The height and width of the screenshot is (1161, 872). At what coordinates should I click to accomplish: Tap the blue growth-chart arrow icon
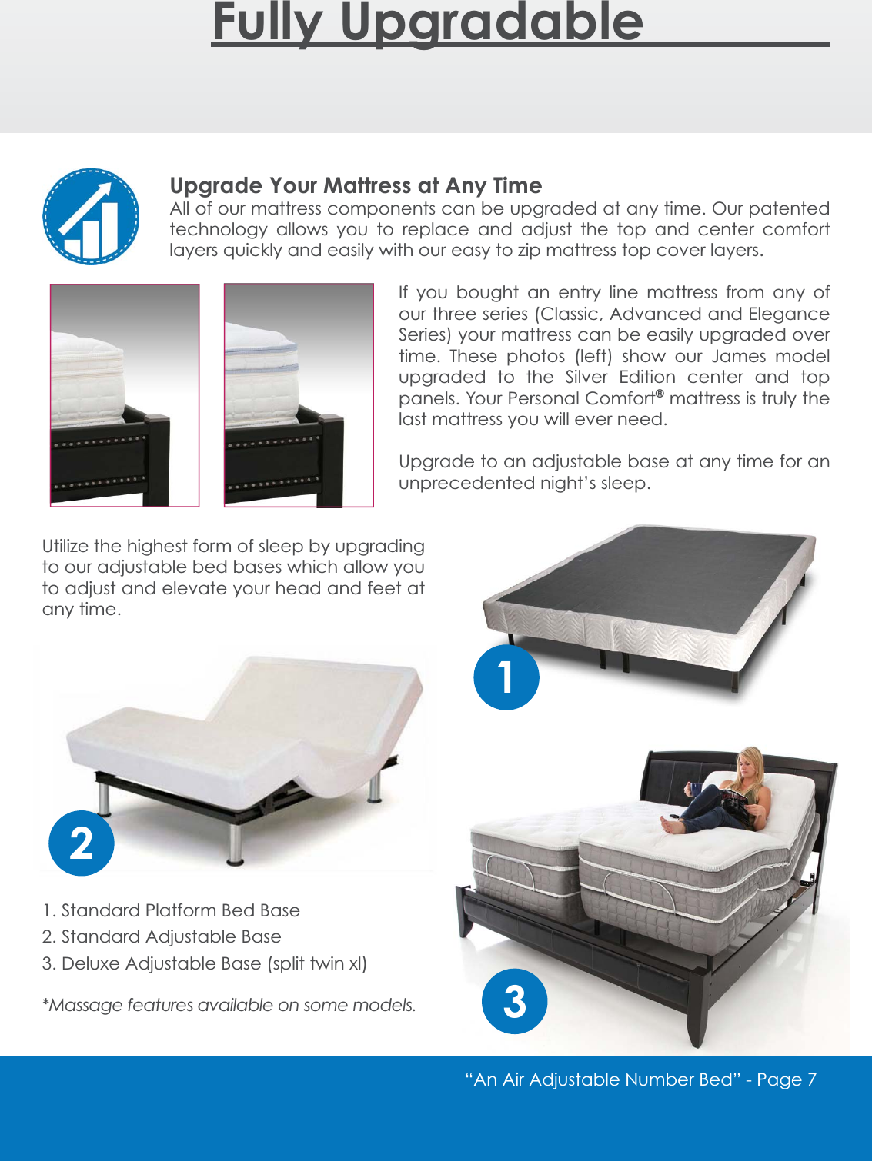(x=91, y=217)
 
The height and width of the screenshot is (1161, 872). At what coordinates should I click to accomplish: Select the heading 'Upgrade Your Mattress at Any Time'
(x=356, y=185)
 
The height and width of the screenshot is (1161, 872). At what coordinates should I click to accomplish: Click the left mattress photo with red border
(x=125, y=395)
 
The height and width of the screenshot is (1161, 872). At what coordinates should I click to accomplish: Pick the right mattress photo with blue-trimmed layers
(x=299, y=395)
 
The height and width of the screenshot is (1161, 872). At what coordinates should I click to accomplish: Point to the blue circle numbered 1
(x=506, y=677)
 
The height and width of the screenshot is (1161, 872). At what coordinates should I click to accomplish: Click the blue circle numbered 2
(x=82, y=843)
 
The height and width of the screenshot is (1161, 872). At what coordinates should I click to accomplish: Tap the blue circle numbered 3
(x=514, y=1001)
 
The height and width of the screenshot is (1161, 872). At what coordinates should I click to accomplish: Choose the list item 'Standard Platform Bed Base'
(x=171, y=910)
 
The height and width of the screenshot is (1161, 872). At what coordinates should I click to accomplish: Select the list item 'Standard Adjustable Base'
(x=162, y=936)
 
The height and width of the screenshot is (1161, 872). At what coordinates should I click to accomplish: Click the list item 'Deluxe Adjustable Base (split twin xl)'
(x=205, y=963)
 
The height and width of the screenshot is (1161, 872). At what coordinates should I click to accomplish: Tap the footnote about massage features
(x=229, y=1005)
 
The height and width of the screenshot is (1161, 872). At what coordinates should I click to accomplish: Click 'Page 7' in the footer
(x=786, y=1079)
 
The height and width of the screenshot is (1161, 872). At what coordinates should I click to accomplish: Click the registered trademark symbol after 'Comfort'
(x=660, y=394)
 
